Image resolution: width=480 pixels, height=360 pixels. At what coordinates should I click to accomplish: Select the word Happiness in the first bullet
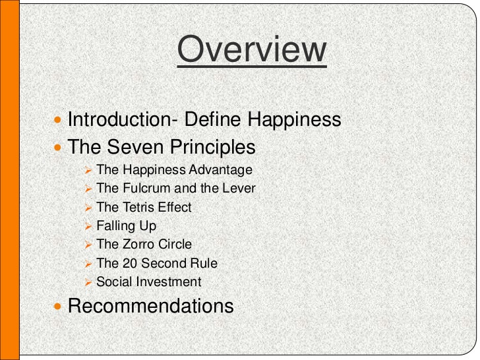click(x=294, y=120)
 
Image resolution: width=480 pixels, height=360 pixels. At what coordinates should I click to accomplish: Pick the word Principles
click(x=213, y=148)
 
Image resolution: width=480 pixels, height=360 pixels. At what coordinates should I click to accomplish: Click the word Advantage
click(x=220, y=170)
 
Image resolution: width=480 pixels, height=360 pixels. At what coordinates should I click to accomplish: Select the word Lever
click(x=239, y=188)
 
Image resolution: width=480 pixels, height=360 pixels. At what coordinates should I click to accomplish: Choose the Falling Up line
click(x=126, y=226)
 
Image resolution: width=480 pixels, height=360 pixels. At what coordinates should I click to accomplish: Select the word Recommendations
click(x=150, y=305)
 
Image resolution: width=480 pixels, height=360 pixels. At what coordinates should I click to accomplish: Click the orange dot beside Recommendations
click(x=57, y=306)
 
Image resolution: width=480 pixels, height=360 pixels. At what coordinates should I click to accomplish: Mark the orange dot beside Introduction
click(x=57, y=120)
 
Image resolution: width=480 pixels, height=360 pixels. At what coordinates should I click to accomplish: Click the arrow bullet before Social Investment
click(x=88, y=283)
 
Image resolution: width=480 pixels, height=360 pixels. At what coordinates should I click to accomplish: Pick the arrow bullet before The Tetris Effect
click(x=88, y=208)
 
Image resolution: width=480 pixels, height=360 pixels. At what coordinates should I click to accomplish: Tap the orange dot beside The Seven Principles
click(x=57, y=148)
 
